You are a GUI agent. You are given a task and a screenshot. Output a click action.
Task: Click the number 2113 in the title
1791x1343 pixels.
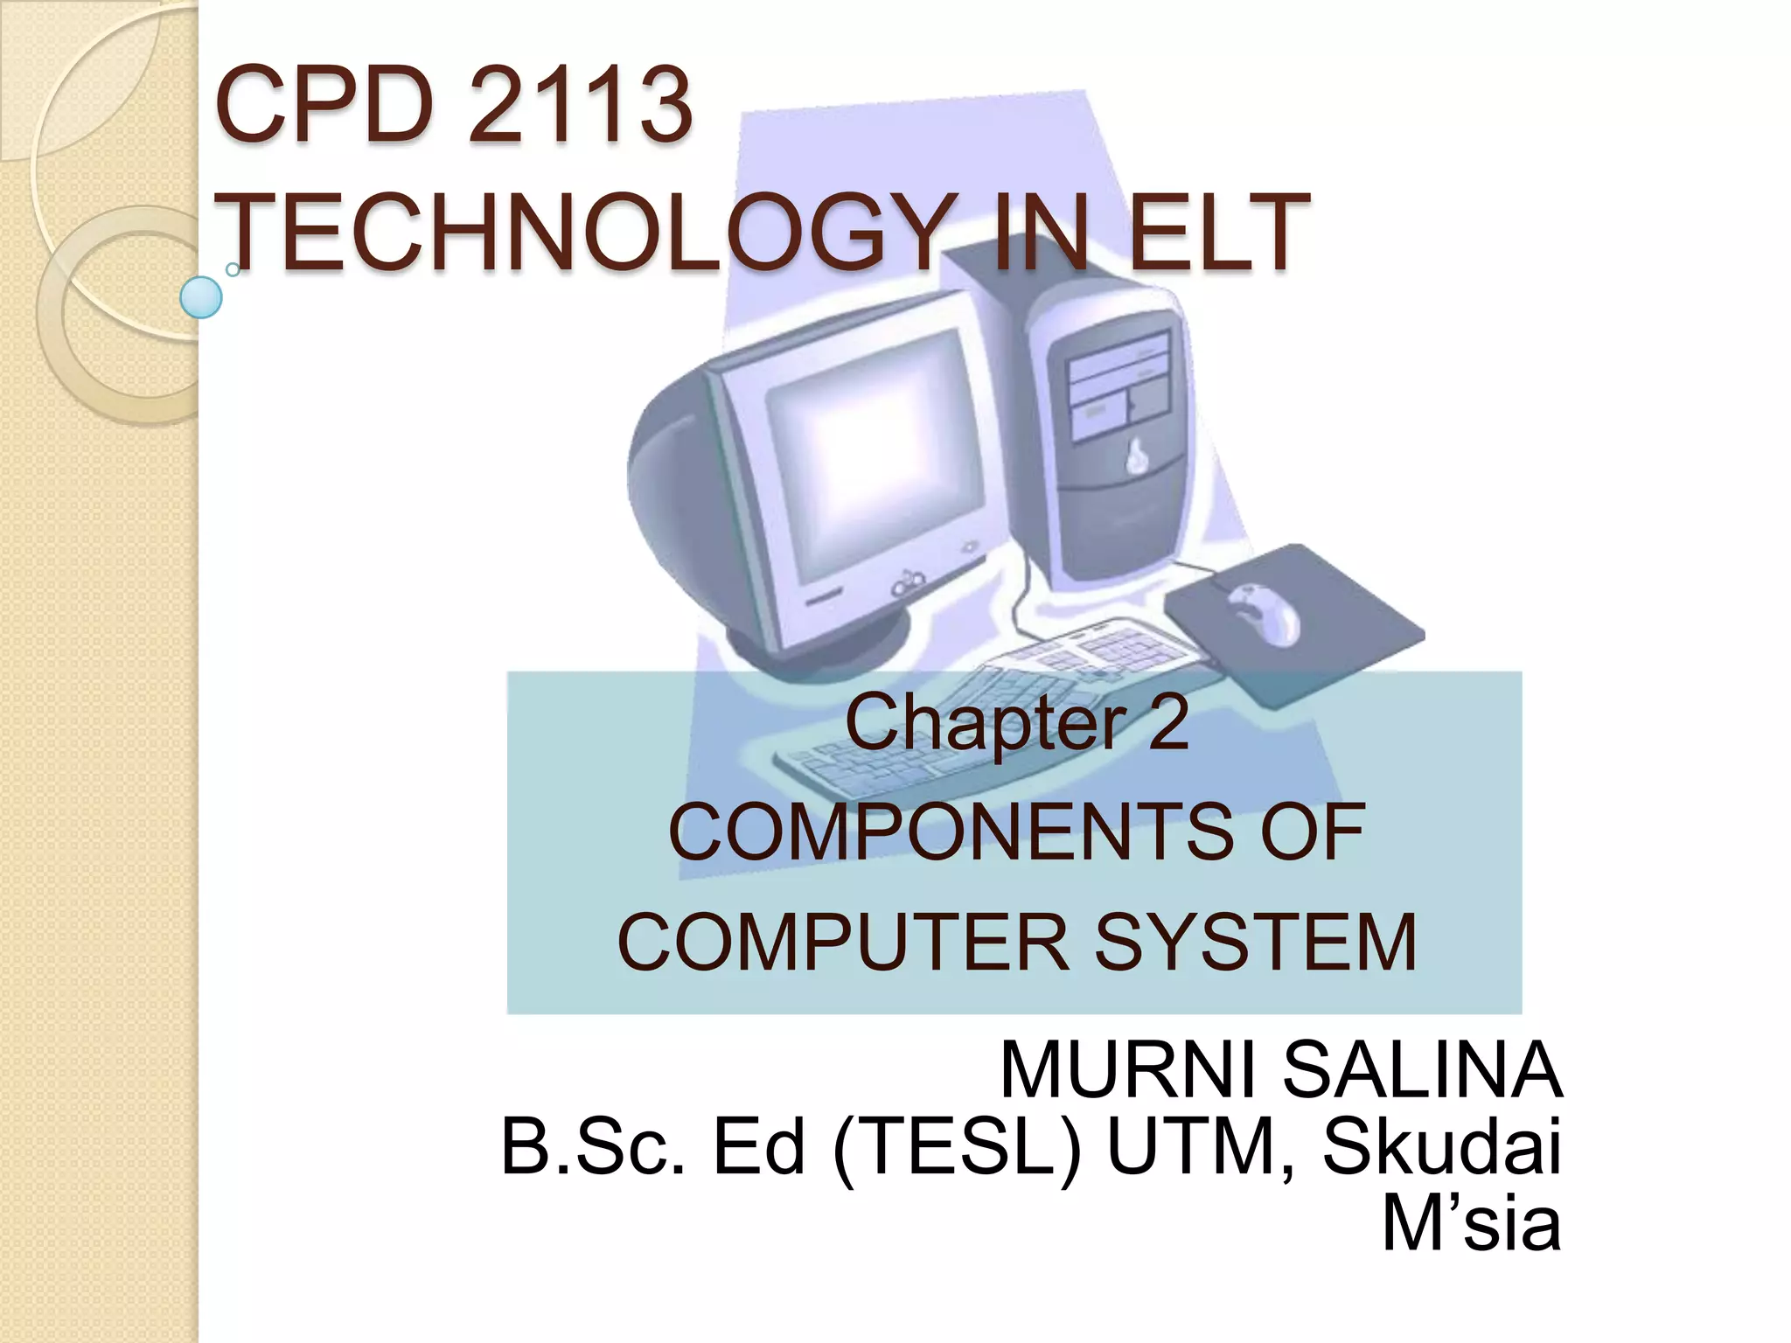click(x=580, y=107)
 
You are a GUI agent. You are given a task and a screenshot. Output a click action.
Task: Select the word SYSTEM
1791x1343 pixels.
click(x=1256, y=942)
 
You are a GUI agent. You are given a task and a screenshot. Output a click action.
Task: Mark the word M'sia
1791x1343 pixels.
click(x=1471, y=1223)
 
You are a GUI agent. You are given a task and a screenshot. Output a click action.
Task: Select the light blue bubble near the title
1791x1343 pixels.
click(x=201, y=297)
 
